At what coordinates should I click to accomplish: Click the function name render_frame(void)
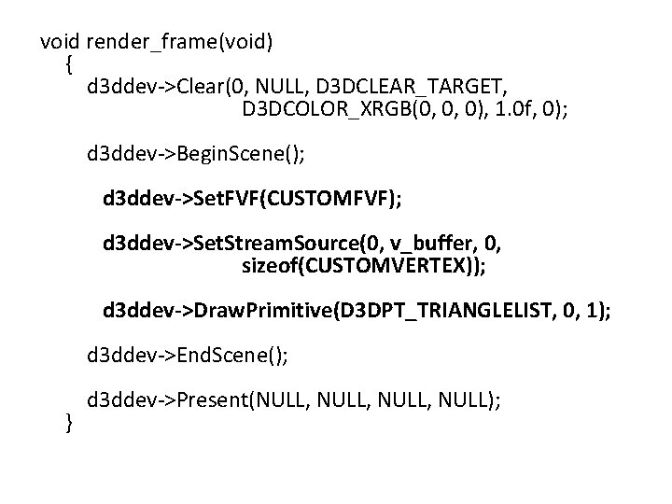tap(178, 42)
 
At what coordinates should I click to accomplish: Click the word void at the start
tap(61, 42)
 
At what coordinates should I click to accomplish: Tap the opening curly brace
tap(69, 64)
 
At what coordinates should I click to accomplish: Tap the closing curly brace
tap(69, 423)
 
